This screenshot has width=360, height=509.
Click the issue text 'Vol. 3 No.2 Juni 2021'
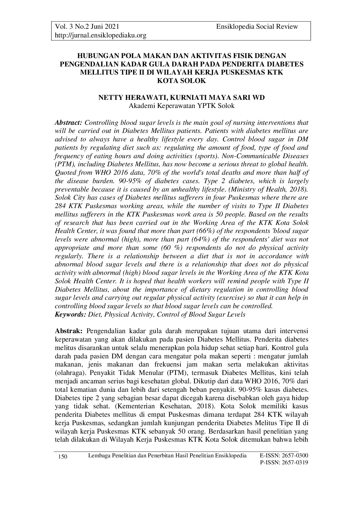tap(87, 27)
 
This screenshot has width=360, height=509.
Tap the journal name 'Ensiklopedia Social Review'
tap(257, 27)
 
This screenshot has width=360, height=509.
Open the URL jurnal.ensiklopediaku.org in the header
tap(100, 35)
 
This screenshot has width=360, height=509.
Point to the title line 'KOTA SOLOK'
tap(181, 81)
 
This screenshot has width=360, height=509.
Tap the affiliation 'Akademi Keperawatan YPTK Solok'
tap(181, 106)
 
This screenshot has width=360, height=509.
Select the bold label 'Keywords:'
tap(71, 315)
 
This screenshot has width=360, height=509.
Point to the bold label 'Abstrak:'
tap(69, 331)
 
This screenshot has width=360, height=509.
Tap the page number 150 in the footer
tap(63, 457)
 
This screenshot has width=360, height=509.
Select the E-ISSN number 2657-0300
tap(295, 455)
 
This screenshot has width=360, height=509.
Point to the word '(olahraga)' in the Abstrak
tap(69, 373)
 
